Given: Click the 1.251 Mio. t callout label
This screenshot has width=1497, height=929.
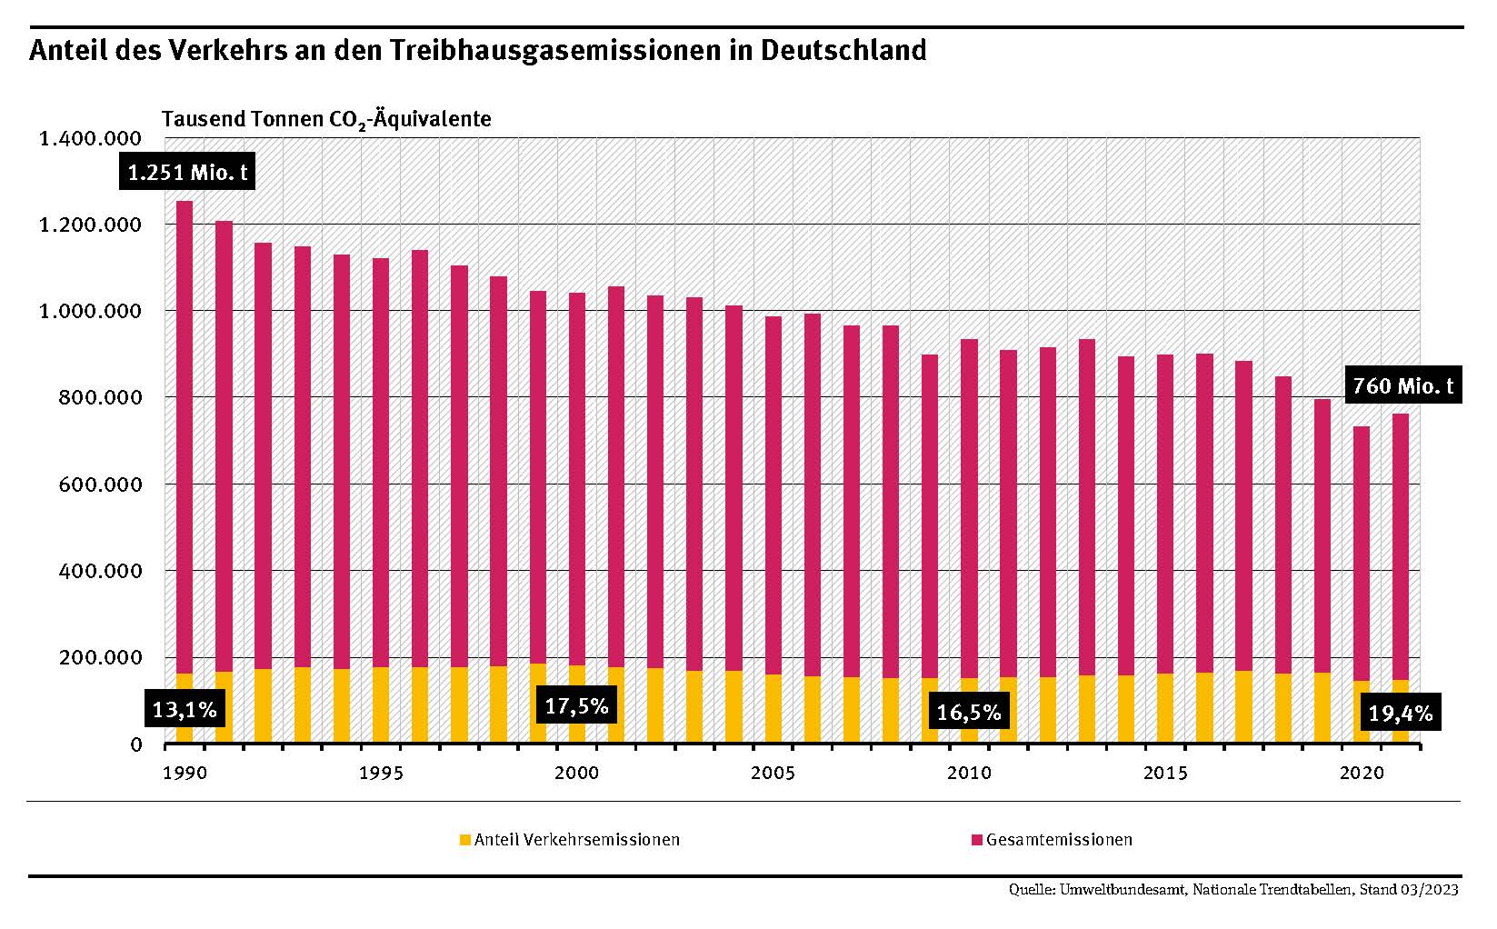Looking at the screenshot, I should (x=187, y=172).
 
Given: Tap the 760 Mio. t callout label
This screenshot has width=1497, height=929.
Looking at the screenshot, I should (x=1402, y=386).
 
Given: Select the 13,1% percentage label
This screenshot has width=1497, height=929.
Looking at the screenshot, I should (x=185, y=709).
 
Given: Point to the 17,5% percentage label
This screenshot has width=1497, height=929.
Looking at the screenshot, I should (x=575, y=705).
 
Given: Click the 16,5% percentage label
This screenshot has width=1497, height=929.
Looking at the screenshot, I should (x=968, y=712).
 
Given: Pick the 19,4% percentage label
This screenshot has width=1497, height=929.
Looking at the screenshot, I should (x=1400, y=714).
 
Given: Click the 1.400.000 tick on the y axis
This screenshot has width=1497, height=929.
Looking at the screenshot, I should (x=89, y=138).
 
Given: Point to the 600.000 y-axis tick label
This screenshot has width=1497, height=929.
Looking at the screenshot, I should (x=97, y=484).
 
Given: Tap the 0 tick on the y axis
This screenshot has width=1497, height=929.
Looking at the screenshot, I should (x=136, y=744).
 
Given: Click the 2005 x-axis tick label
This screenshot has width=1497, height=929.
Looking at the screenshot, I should (x=773, y=774).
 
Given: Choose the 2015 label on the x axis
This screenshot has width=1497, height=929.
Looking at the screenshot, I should (x=1164, y=774).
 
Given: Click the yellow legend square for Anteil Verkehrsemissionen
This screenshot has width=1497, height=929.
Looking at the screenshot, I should (x=465, y=840).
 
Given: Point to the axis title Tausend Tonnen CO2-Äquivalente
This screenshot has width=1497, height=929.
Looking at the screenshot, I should (x=326, y=119).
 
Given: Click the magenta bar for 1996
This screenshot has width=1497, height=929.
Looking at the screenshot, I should (x=420, y=455).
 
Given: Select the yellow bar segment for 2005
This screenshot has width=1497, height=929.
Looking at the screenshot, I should (x=773, y=709).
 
